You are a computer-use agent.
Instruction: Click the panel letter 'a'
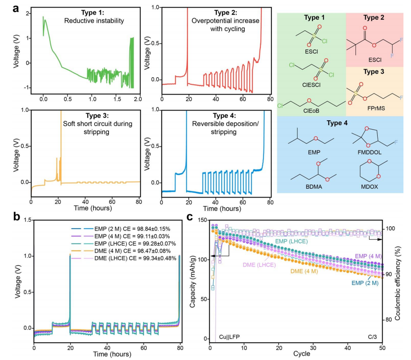15,9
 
